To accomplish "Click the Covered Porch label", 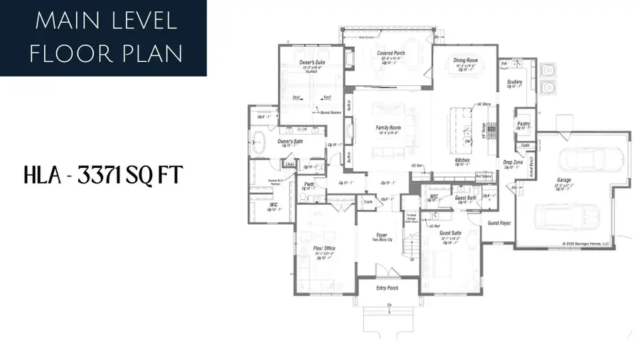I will (390, 53).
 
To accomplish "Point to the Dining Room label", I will (465, 60).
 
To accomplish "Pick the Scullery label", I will (515, 82).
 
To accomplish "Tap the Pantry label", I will (524, 123).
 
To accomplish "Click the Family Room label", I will (389, 127).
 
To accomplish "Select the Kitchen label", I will (462, 160).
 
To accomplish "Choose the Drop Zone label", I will (513, 163).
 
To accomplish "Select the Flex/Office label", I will (324, 248).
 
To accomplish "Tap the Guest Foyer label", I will (499, 223).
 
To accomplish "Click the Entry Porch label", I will (388, 288).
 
